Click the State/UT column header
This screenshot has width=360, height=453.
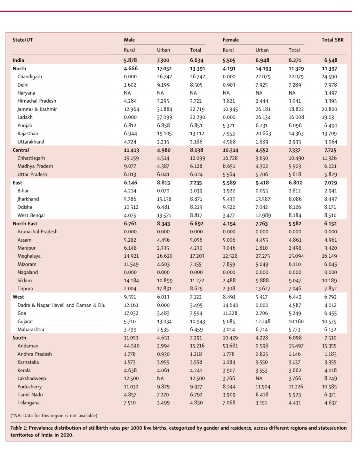[x=23, y=40]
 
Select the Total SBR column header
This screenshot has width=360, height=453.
[x=332, y=40]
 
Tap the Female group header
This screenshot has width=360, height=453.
[x=231, y=40]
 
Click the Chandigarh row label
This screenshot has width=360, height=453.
[x=30, y=77]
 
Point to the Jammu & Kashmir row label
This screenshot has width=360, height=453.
[x=37, y=109]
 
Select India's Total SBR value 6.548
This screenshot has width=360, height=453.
[x=331, y=60]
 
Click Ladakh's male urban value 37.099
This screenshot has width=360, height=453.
[x=164, y=117]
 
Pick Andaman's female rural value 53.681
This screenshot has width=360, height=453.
[x=230, y=346]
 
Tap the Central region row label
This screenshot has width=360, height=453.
[x=21, y=150]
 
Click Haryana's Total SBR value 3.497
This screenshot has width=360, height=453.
[x=331, y=93]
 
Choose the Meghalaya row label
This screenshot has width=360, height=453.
[x=29, y=256]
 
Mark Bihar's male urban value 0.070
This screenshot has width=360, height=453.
[x=163, y=191]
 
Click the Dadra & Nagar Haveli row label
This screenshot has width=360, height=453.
[x=61, y=305]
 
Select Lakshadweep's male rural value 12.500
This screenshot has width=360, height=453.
[x=131, y=378]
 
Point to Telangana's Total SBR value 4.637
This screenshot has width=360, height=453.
[x=330, y=403]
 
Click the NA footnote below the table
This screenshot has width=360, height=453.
[x=54, y=416]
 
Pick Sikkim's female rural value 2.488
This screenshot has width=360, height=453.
[x=229, y=280]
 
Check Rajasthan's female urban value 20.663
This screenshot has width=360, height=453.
[x=263, y=133]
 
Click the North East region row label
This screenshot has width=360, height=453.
[x=25, y=223]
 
